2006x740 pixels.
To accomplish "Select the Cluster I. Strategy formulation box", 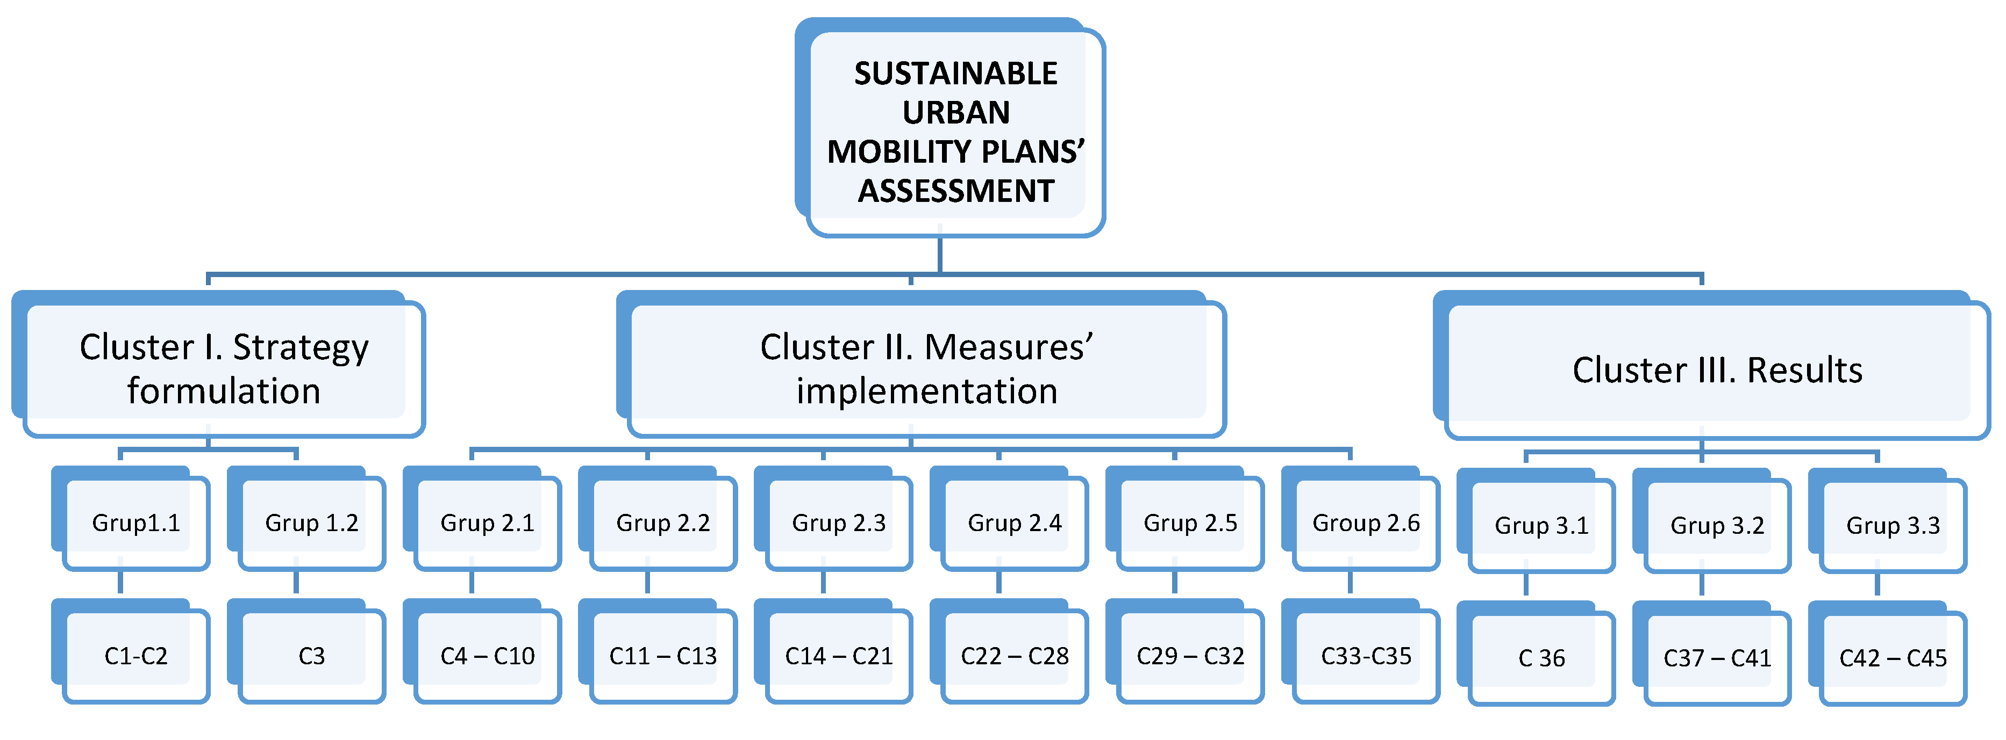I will pyautogui.click(x=224, y=368).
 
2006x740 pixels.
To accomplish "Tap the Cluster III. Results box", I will pyautogui.click(x=1717, y=369).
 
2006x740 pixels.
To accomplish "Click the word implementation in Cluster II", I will pyautogui.click(x=927, y=390).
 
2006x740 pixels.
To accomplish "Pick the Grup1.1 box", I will pyautogui.click(x=136, y=523).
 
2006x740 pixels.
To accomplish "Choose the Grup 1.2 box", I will pyautogui.click(x=311, y=523).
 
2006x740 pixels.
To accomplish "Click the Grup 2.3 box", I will pyautogui.click(x=839, y=523).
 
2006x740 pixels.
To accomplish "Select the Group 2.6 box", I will pyautogui.click(x=1366, y=523).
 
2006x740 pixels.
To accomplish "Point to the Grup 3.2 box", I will pyautogui.click(x=1717, y=525).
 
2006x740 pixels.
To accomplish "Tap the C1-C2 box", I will pyautogui.click(x=136, y=656).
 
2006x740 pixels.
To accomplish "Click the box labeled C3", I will pyautogui.click(x=311, y=656).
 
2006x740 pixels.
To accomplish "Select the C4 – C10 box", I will pyautogui.click(x=488, y=656).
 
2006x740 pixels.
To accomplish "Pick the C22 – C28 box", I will pyautogui.click(x=1015, y=656).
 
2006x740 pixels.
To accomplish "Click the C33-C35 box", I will pyautogui.click(x=1366, y=656).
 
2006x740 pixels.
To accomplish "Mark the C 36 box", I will pyautogui.click(x=1541, y=658).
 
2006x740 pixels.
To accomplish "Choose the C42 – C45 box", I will pyautogui.click(x=1893, y=658).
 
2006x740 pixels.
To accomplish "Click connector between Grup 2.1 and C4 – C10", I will pyautogui.click(x=472, y=582).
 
